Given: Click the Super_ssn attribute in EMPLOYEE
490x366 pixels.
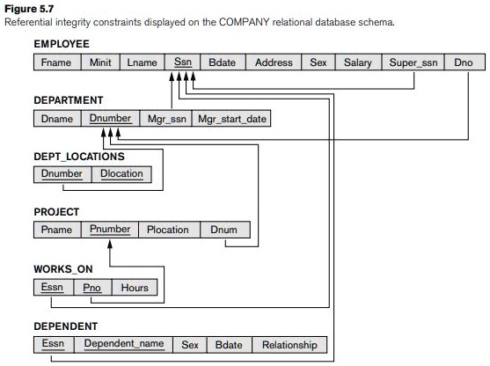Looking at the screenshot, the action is [x=413, y=62].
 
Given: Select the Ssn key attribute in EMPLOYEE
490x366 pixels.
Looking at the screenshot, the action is [x=182, y=62].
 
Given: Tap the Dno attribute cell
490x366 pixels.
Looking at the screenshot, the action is [x=464, y=62].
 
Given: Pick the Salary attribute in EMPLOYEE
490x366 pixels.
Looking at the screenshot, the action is [x=358, y=62].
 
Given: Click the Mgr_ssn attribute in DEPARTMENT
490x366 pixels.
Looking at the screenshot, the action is [x=166, y=119].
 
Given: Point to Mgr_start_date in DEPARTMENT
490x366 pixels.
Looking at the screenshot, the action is [x=231, y=119].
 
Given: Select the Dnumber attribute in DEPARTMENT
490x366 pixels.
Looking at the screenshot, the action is [x=110, y=119].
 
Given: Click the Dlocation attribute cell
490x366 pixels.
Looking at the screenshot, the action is [x=122, y=174].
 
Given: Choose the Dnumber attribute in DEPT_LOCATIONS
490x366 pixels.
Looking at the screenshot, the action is [x=62, y=174].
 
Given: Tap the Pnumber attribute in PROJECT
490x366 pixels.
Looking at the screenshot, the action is [x=110, y=230].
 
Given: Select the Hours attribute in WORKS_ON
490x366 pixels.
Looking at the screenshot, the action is [x=135, y=287].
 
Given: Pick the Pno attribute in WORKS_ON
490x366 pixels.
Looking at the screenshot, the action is [x=92, y=287].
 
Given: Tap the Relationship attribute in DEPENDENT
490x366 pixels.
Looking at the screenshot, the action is [x=289, y=345].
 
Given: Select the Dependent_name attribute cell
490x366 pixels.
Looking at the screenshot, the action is [x=123, y=345].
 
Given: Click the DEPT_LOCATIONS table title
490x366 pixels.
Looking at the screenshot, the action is [x=79, y=157].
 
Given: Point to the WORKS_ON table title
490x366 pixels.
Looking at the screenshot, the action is [x=63, y=269].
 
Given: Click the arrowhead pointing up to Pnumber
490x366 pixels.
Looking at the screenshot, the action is [x=110, y=244].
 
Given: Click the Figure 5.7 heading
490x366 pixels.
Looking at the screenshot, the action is [x=29, y=9].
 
